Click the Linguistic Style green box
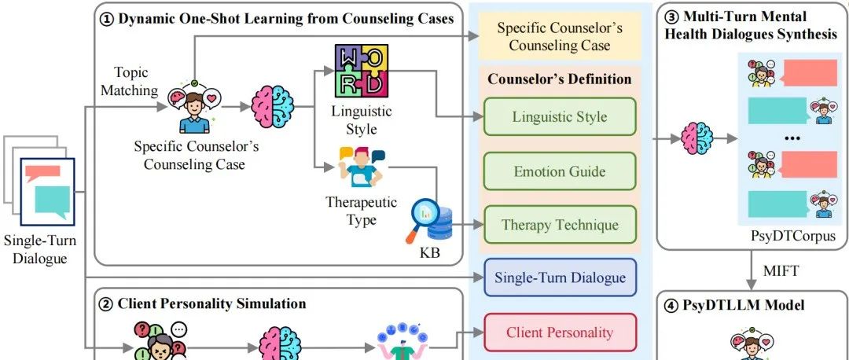point(559,117)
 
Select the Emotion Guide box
point(559,171)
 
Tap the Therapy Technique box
point(559,225)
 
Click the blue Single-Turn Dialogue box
point(560,277)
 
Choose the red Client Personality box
point(560,332)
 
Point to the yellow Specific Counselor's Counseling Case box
point(560,37)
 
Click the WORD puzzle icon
point(362,71)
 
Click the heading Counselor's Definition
point(559,79)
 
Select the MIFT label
point(782,271)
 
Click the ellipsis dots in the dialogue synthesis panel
point(792,138)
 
